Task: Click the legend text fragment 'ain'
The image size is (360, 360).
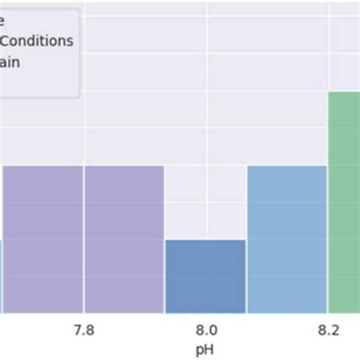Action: [x=10, y=62]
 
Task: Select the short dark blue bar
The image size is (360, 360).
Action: [x=205, y=276]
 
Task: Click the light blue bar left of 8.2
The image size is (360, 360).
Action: [x=286, y=239]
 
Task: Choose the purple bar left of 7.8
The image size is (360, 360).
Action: [x=43, y=239]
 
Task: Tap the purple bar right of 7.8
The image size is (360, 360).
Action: [x=124, y=239]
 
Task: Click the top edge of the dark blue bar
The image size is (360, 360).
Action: [x=205, y=240]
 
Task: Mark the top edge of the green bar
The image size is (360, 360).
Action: [x=344, y=92]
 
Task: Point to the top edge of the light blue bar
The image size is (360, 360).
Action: [x=286, y=166]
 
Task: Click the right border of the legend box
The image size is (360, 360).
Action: [x=79, y=53]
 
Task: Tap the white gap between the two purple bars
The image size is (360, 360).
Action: [x=84, y=239]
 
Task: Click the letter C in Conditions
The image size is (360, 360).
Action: [x=6, y=41]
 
